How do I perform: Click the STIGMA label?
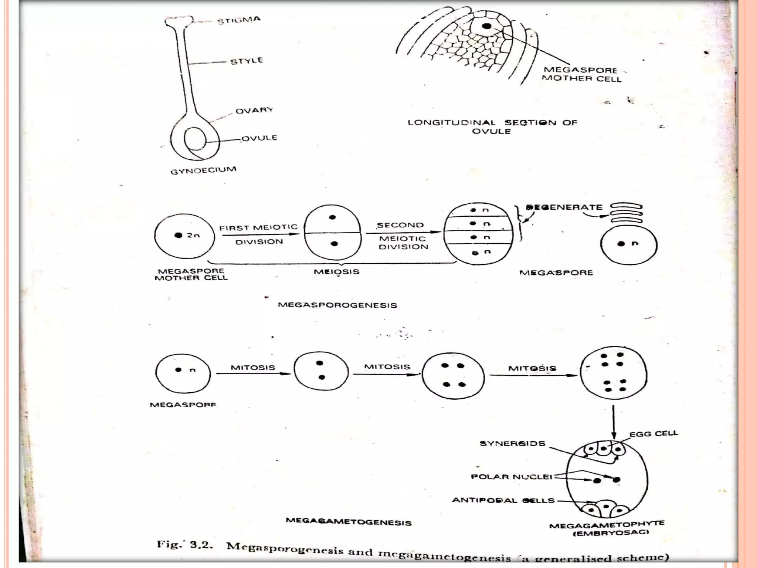[239, 20]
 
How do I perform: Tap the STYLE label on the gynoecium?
[247, 61]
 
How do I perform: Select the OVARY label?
[254, 110]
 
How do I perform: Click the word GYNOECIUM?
[203, 170]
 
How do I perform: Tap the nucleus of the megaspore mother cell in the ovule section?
[487, 26]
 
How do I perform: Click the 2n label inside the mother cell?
[193, 235]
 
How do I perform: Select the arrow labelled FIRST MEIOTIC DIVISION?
[260, 234]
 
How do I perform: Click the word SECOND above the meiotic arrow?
[400, 225]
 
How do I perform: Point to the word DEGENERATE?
[564, 207]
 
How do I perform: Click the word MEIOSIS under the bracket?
[336, 272]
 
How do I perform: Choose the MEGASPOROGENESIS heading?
[337, 305]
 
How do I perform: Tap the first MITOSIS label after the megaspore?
[253, 368]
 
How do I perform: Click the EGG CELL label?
[654, 433]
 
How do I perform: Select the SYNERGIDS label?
[512, 443]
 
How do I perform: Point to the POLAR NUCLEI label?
[512, 477]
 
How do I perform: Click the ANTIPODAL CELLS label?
[503, 500]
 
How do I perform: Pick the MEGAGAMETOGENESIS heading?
[349, 522]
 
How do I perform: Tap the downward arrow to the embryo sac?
[614, 422]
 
